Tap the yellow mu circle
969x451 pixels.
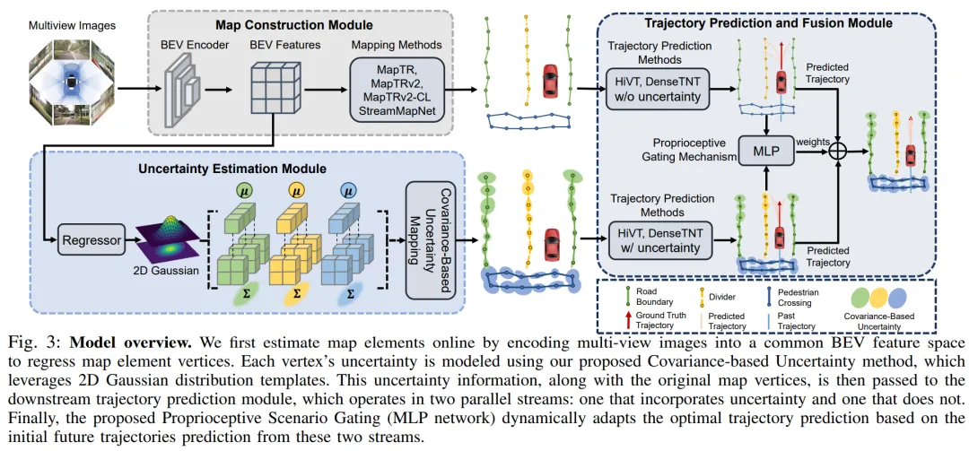pos(298,191)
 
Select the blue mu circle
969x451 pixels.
pos(349,191)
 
